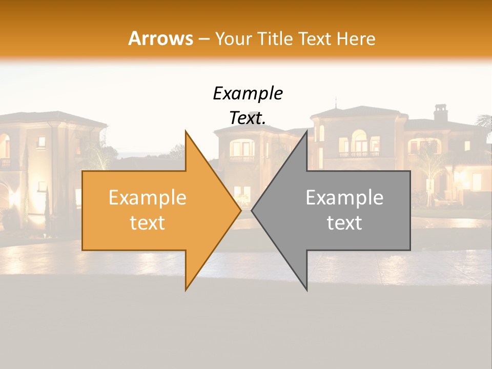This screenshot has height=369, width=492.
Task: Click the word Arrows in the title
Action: click(160, 38)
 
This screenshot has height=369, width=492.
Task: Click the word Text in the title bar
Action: click(316, 38)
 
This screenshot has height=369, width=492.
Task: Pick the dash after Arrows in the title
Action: click(203, 39)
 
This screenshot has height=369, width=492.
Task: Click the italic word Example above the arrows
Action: click(248, 93)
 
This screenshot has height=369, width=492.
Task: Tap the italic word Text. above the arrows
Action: click(248, 118)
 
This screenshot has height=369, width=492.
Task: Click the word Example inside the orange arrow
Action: click(147, 198)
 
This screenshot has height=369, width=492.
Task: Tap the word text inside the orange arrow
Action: click(147, 223)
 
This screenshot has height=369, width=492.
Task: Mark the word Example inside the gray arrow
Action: click(344, 198)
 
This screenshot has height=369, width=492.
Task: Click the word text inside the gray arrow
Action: click(344, 223)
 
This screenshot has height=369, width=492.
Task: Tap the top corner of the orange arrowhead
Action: click(186, 132)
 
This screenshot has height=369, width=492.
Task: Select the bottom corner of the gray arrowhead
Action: click(306, 290)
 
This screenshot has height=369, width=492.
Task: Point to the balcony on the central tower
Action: click(242, 159)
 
